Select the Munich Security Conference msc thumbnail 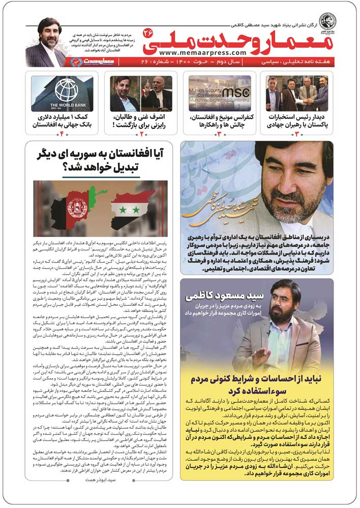[x=220, y=93]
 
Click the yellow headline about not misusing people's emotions [x=257, y=385]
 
